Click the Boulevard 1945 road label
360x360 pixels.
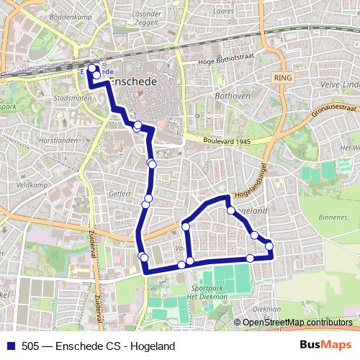pyautogui.click(x=226, y=141)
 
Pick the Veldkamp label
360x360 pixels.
pyautogui.click(x=32, y=164)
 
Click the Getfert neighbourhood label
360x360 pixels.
pyautogui.click(x=120, y=194)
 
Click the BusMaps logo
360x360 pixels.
pyautogui.click(x=326, y=346)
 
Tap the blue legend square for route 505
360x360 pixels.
pyautogui.click(x=10, y=346)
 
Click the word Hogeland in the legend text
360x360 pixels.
pyautogui.click(x=153, y=346)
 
